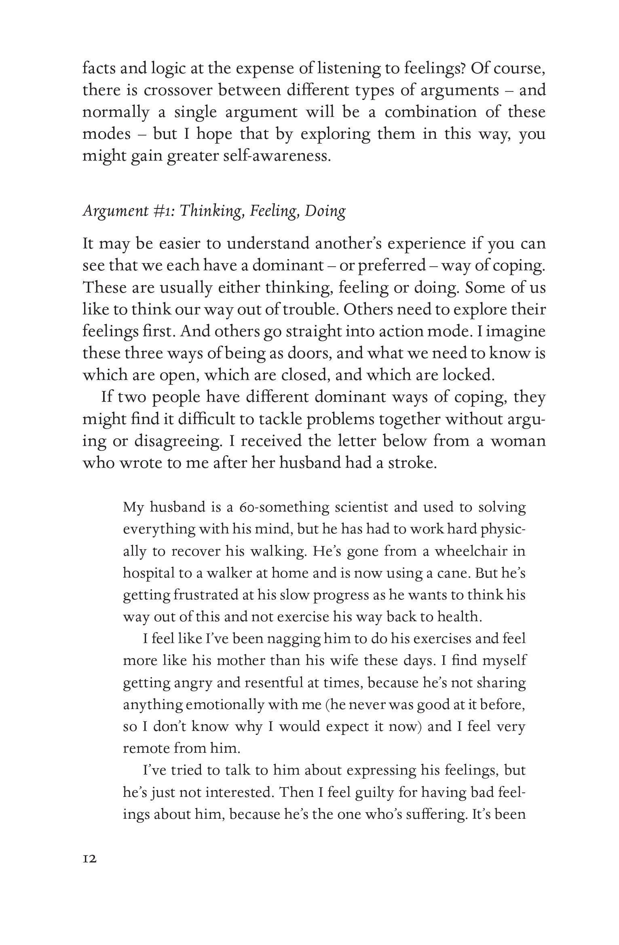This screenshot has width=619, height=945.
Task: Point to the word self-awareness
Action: (x=277, y=156)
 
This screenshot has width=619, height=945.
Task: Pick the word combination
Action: (x=431, y=112)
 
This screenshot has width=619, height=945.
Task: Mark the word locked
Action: (x=468, y=375)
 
